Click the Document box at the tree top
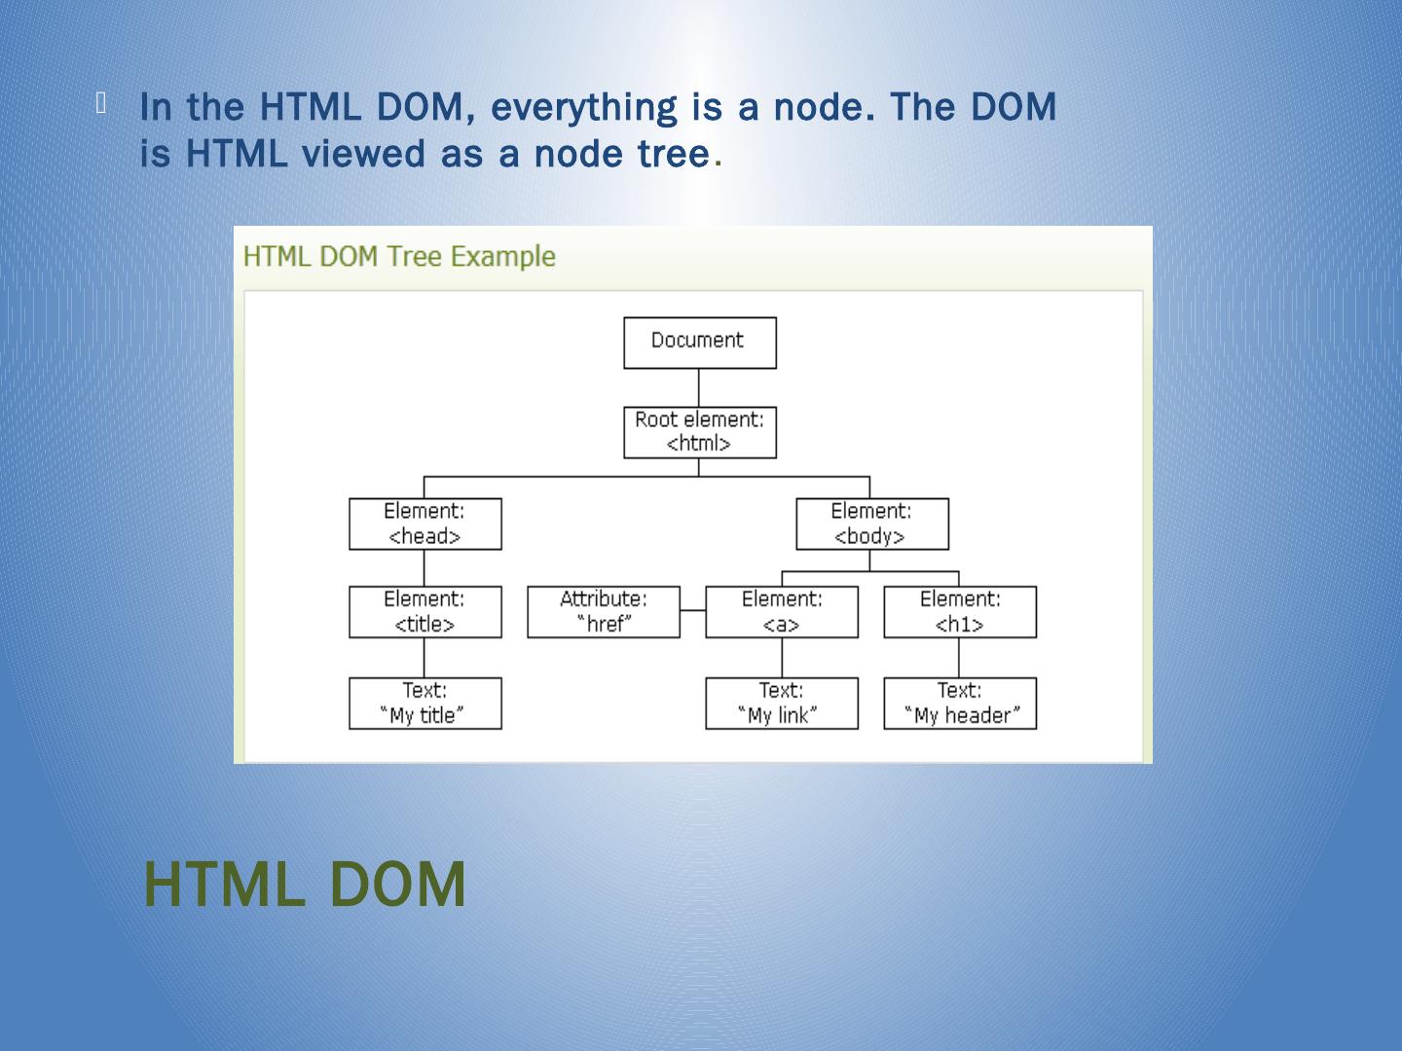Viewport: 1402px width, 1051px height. tap(699, 343)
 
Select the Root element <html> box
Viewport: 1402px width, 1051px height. tap(699, 432)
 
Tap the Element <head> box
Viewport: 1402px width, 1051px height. tap(425, 525)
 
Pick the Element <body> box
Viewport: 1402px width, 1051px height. tap(871, 525)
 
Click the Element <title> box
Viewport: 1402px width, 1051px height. tap(425, 612)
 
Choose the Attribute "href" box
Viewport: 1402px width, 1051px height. tap(604, 612)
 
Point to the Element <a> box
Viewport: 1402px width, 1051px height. tap(782, 612)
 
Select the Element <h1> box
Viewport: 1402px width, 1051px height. tap(960, 612)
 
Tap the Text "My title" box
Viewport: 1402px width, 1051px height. tap(425, 704)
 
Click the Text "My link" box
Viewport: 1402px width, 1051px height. tap(782, 704)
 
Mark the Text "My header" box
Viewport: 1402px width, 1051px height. tap(960, 704)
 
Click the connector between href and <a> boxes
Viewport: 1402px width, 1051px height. tap(692, 611)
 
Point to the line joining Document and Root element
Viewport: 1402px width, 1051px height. tap(699, 387)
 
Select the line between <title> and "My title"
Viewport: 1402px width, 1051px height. tap(424, 658)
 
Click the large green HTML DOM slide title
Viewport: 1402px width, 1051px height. tap(305, 884)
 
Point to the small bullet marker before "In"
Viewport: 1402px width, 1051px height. tap(101, 103)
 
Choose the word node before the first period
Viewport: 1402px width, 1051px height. tap(818, 107)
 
